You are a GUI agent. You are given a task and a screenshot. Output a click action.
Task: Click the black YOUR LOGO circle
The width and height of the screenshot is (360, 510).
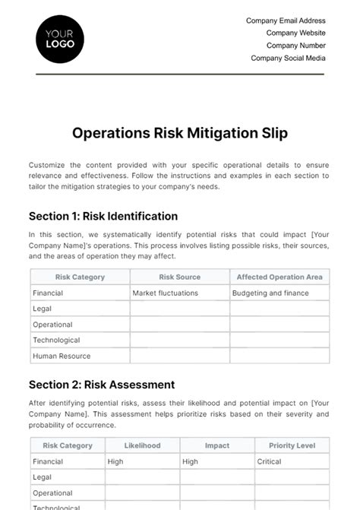[60, 38]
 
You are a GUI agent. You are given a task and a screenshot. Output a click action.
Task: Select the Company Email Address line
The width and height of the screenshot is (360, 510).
[286, 21]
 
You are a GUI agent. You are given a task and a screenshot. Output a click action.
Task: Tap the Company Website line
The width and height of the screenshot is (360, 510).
[295, 33]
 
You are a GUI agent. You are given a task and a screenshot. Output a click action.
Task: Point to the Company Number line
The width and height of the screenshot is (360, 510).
[295, 46]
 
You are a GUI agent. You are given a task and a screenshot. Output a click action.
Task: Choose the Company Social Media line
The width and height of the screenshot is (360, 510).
[288, 58]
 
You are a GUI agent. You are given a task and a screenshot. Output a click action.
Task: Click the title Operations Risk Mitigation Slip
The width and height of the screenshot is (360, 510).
[180, 133]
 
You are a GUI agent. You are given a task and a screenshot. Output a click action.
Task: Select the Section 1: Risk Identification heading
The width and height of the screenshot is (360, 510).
[103, 216]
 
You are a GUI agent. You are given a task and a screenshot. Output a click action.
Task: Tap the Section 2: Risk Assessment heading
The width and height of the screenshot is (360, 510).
[102, 385]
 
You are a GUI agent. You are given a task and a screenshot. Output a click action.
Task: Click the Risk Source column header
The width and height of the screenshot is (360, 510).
[180, 277]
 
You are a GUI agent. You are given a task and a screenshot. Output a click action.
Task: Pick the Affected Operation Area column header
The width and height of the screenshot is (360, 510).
[279, 277]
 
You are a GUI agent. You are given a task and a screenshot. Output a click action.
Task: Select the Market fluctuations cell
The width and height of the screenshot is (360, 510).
[165, 293]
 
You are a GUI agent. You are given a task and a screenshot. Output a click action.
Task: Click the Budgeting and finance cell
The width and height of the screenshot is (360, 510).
[271, 293]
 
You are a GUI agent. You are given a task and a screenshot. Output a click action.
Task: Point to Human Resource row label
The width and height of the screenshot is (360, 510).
[62, 356]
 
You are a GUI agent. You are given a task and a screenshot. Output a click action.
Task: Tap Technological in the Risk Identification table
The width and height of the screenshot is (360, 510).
[56, 340]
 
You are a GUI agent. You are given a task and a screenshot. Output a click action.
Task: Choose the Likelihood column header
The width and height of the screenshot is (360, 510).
[143, 446]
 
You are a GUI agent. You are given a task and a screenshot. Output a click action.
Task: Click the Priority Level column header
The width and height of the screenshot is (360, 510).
[292, 446]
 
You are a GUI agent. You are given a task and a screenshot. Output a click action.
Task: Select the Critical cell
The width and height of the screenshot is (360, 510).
[269, 461]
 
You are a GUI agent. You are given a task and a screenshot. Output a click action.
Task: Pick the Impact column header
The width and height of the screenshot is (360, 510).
[217, 446]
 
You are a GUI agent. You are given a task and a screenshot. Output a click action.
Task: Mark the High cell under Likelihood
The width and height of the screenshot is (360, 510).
[115, 461]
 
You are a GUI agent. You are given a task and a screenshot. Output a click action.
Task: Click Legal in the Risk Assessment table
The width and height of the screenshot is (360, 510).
[42, 477]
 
